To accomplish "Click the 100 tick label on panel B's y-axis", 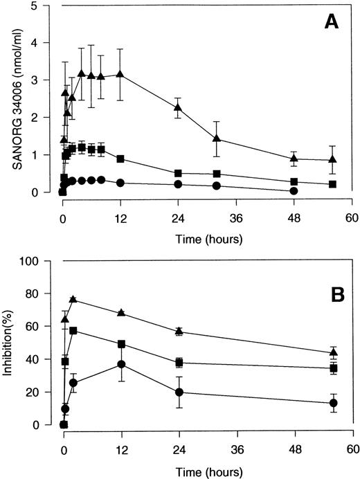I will pyautogui.click(x=41, y=261).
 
